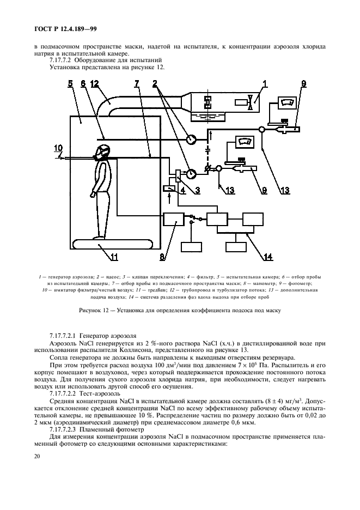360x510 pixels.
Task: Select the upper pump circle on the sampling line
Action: coord(191,139)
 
